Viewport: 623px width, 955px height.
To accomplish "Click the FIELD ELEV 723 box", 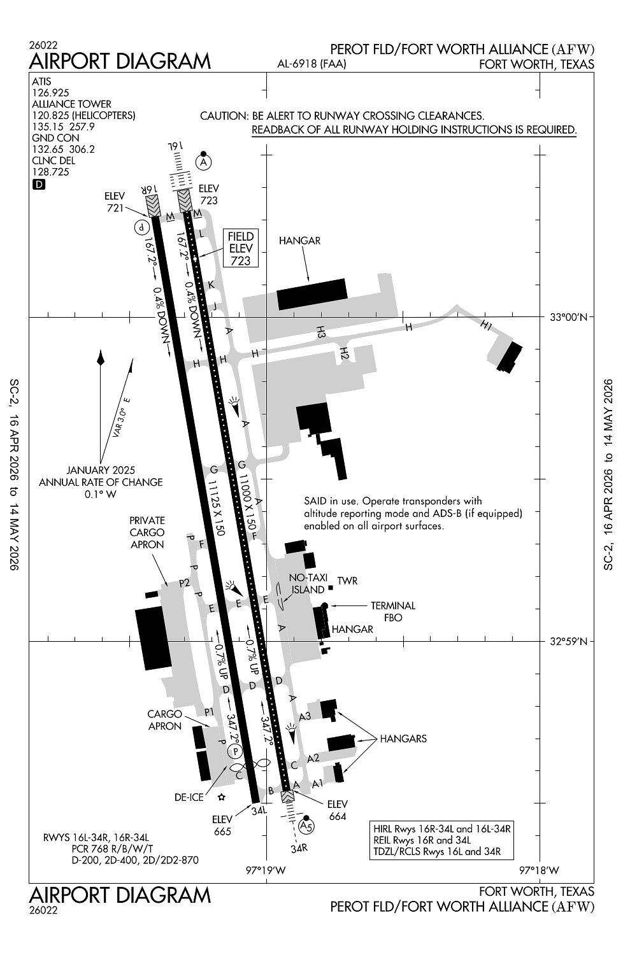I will click(x=240, y=248).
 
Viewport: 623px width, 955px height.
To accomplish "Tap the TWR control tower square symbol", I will click(x=330, y=586).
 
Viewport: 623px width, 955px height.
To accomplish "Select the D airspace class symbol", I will click(x=39, y=185).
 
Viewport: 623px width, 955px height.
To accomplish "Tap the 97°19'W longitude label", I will click(x=266, y=870).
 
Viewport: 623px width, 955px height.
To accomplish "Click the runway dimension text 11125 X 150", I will click(x=215, y=500).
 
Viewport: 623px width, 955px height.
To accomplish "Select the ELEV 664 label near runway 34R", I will click(x=338, y=810).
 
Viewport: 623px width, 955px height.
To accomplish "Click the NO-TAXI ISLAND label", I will click(x=308, y=584).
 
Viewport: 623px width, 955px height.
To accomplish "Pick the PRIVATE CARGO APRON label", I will click(x=147, y=532).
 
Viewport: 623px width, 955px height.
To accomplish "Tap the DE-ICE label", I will click(x=189, y=797).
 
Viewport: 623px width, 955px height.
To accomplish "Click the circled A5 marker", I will click(x=306, y=826).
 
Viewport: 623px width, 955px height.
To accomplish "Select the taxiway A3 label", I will click(x=304, y=716).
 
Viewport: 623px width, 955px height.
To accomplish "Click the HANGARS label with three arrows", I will click(x=403, y=739).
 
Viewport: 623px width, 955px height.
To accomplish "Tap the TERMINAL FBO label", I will click(x=393, y=611).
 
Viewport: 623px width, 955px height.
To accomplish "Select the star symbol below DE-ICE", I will click(x=222, y=797).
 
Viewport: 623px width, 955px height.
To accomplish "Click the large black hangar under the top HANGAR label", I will click(x=311, y=294).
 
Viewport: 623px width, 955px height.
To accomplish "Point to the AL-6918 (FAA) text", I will click(x=311, y=64).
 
